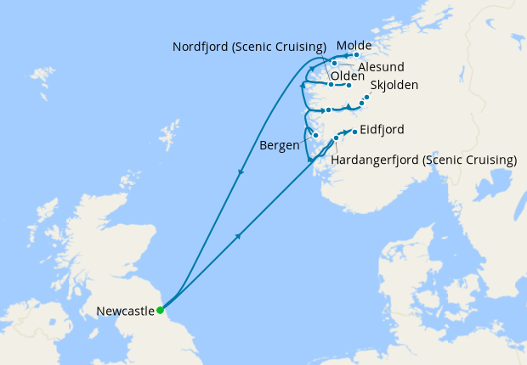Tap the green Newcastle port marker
coord(160,310)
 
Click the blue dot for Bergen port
coord(315,136)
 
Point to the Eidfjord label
coord(382,130)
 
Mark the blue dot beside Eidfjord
coord(354,130)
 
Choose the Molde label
coord(354,45)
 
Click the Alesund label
coord(380,66)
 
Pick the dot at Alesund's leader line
coord(335,63)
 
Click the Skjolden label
coord(394,86)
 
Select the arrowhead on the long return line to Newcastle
coord(242,173)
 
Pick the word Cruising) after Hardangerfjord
coord(487,160)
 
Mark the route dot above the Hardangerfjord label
coord(337,138)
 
